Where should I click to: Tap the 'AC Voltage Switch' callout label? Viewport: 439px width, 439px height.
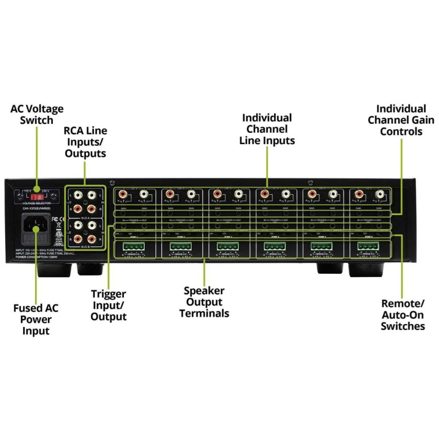[37, 115]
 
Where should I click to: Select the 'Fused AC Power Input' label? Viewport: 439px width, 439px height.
[36, 319]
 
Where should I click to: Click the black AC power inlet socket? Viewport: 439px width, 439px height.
[37, 225]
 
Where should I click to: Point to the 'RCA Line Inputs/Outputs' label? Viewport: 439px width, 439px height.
[85, 142]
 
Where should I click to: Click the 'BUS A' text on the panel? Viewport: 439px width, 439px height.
[85, 217]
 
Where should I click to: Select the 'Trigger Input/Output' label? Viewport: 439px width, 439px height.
[109, 305]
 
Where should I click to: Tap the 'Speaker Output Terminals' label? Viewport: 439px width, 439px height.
[204, 302]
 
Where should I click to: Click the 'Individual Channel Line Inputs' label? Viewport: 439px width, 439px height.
[267, 129]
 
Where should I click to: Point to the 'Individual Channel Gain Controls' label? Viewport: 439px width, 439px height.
[401, 120]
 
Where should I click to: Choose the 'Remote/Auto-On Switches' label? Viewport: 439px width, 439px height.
[403, 315]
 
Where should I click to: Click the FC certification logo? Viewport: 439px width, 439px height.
[54, 218]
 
